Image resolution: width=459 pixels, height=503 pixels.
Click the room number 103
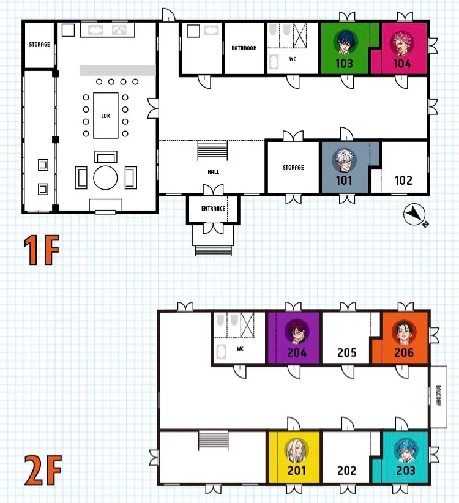(x=344, y=63)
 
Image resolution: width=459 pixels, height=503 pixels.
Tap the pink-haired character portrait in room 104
(x=402, y=43)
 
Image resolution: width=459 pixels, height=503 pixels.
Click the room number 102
(x=403, y=181)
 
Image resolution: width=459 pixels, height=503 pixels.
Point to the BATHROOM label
(x=244, y=48)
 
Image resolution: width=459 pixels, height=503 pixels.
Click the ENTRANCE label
(x=213, y=209)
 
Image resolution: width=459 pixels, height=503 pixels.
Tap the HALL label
(x=214, y=171)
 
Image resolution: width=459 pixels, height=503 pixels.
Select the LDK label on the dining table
(x=105, y=116)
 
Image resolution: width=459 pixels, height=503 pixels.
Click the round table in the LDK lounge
(x=105, y=177)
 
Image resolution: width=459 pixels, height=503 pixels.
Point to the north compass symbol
(x=415, y=214)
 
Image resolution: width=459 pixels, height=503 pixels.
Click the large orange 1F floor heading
(x=42, y=250)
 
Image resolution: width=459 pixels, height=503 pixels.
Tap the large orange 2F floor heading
(x=43, y=471)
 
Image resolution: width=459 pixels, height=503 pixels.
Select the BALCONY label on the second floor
(x=438, y=395)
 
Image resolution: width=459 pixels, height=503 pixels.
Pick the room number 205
(x=347, y=353)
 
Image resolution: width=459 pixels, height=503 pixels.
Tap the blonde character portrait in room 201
(x=297, y=450)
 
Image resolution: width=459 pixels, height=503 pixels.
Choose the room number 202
(x=347, y=471)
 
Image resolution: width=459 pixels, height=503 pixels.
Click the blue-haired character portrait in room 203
(x=406, y=450)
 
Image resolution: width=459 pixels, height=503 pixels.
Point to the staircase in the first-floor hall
(x=212, y=150)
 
